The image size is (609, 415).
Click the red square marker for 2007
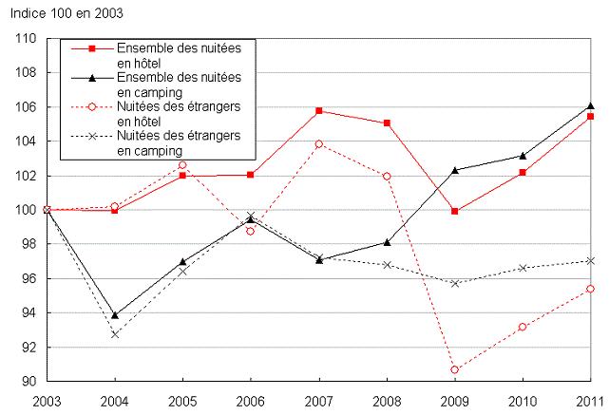click(x=319, y=110)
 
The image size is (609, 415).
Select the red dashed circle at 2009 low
click(x=454, y=369)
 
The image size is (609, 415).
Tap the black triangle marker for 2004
click(x=115, y=314)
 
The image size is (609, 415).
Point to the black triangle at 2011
click(x=590, y=106)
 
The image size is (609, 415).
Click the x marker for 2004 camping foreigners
click(x=115, y=334)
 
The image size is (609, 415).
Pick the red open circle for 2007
click(x=319, y=144)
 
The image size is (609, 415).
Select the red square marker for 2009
click(x=454, y=211)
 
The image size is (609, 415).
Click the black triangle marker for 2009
click(x=454, y=170)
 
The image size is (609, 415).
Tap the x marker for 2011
click(x=590, y=260)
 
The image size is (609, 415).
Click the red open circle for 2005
click(x=183, y=165)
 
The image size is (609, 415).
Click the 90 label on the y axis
click(x=29, y=382)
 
